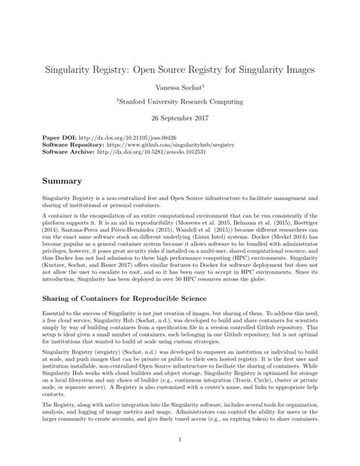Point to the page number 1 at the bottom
tap(180, 439)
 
